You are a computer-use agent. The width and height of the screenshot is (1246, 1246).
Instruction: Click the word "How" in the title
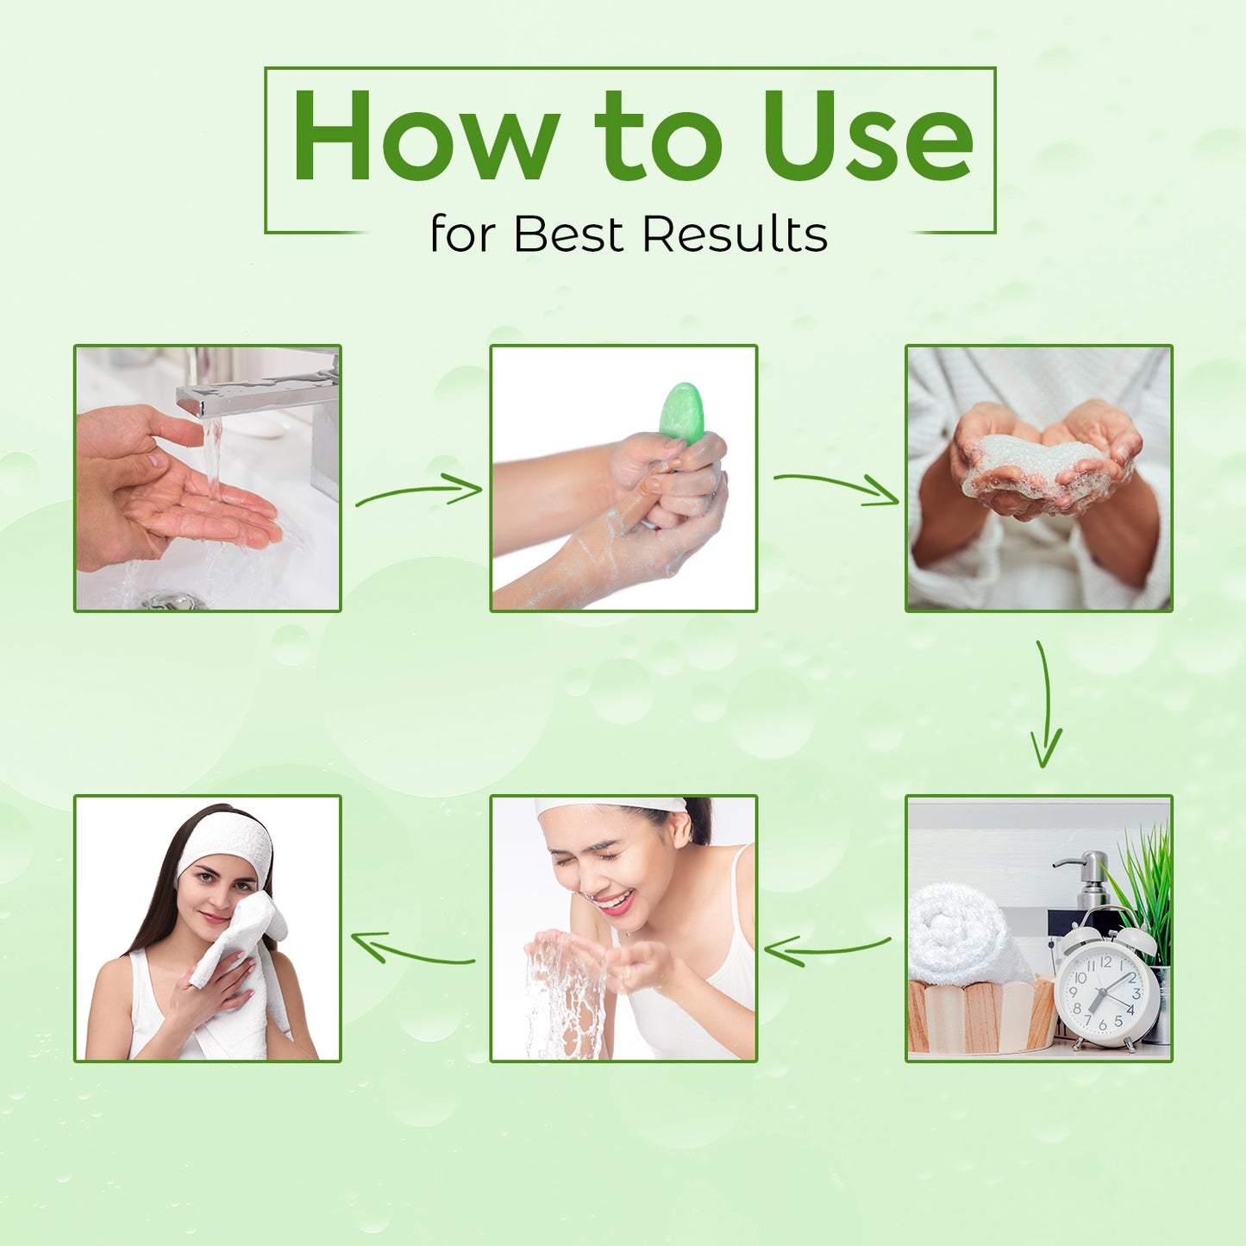(425, 135)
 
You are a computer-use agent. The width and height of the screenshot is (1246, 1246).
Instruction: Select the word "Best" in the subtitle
(568, 234)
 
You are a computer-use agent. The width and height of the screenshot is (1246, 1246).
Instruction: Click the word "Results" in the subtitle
(736, 234)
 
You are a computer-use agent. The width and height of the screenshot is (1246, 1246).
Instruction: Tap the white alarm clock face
(1106, 992)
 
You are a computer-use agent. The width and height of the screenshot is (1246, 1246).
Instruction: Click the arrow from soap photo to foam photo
(836, 487)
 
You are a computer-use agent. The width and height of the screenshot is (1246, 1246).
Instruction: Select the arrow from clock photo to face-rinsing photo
(827, 949)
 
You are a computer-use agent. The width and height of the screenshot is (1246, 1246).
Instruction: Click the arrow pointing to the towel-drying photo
(413, 950)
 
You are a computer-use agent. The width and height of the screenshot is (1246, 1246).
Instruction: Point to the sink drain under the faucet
(173, 601)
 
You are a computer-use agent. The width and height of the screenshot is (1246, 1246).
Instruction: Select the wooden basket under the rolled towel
(981, 1014)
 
